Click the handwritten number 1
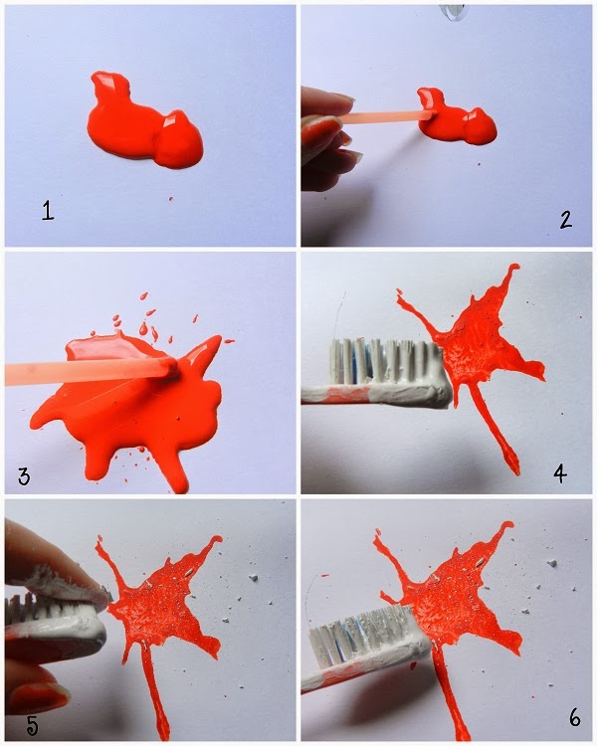48,210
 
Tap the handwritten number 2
565,220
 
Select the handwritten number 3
24,475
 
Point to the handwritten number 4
560,473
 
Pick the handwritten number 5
32,725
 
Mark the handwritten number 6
575,717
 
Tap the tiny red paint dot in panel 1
170,198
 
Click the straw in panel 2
386,117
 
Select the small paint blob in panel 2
456,117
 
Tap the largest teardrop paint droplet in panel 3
143,328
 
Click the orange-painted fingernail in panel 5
38,696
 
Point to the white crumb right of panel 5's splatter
254,578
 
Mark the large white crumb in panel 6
552,563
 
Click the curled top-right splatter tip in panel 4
512,270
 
